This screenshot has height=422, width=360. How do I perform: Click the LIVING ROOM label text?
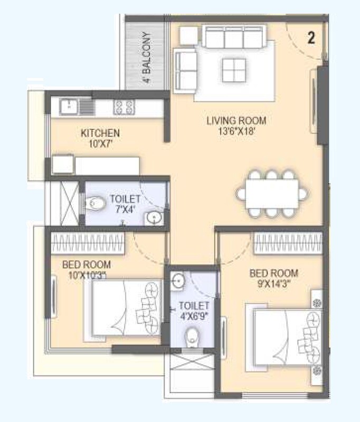pyautogui.click(x=236, y=121)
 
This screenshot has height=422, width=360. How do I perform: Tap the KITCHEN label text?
pyautogui.click(x=100, y=132)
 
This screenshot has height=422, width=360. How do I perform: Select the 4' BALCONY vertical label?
pyautogui.click(x=146, y=59)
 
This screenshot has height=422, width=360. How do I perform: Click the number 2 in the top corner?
pyautogui.click(x=311, y=38)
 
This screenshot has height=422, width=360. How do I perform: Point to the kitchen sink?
pyautogui.click(x=70, y=107)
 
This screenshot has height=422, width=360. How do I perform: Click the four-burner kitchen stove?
pyautogui.click(x=124, y=107)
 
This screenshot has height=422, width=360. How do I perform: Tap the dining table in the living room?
pyautogui.click(x=272, y=194)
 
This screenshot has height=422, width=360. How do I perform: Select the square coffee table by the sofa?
pyautogui.click(x=234, y=70)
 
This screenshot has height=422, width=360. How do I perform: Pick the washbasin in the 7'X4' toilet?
pyautogui.click(x=154, y=217)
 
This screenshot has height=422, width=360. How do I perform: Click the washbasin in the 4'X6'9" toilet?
pyautogui.click(x=178, y=281)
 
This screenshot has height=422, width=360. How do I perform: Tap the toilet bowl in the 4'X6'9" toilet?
pyautogui.click(x=192, y=335)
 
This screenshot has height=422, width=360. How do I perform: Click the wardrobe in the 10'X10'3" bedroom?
pyautogui.click(x=88, y=244)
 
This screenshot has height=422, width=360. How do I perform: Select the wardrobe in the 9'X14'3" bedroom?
pyautogui.click(x=288, y=244)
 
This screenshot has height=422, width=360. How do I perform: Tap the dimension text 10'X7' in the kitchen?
pyautogui.click(x=100, y=143)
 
